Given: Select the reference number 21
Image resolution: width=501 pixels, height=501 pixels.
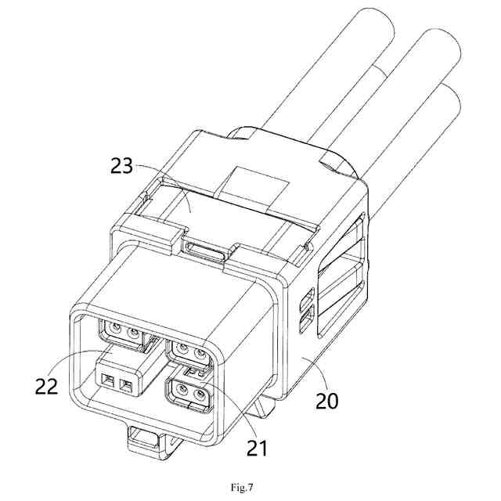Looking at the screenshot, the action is [258, 448].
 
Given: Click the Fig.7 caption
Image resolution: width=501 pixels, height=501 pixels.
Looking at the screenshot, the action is [242, 488].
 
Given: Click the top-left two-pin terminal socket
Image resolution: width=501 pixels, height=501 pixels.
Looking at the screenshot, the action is [124, 332].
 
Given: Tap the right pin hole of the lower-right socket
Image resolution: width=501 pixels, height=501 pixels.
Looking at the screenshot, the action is [200, 394].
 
